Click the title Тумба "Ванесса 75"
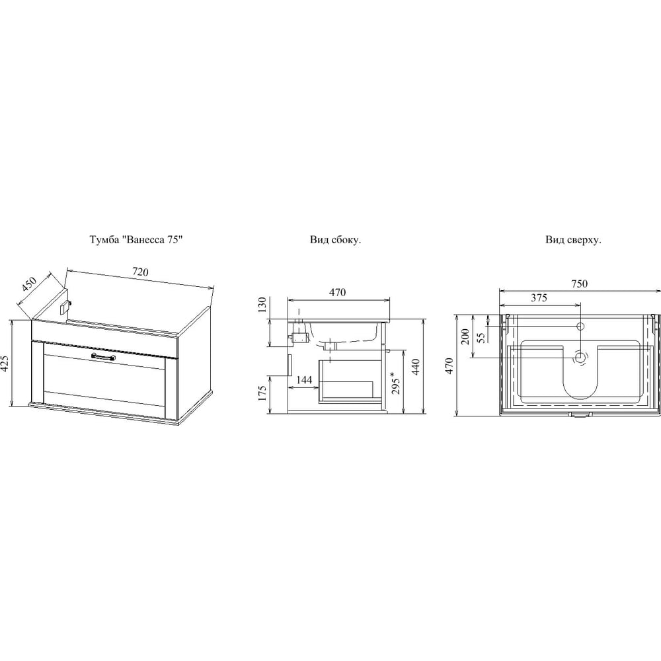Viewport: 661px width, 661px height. point(136,240)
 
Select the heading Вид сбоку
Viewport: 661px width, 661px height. point(336,240)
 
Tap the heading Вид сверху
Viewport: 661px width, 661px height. point(573,241)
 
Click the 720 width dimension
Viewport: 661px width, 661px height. point(140,272)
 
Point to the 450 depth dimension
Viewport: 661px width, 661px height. point(30,286)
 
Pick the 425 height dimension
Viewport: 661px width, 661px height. point(5,363)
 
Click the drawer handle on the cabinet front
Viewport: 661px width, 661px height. point(103,357)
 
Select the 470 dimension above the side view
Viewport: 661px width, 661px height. point(338,292)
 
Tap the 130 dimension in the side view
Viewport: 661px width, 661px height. point(262,305)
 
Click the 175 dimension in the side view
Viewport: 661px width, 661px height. point(262,393)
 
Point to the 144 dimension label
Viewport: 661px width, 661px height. point(304,380)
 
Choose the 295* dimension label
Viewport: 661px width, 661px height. point(396,382)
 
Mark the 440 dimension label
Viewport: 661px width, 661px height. point(415,367)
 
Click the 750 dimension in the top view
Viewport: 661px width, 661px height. point(579,284)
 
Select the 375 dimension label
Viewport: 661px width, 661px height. point(539,298)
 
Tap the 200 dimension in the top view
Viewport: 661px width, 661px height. point(465,336)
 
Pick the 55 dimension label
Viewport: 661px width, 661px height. point(481,337)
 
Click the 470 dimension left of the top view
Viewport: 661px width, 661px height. point(449,366)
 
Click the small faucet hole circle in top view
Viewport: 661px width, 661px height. point(580,326)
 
